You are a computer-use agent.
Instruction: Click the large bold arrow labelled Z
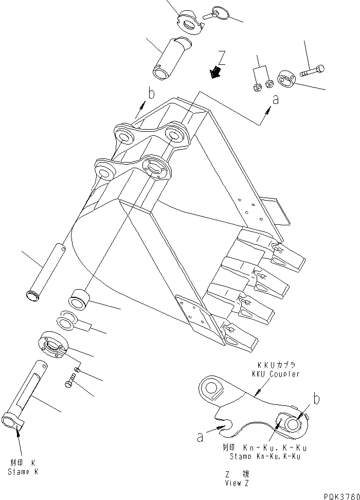pyautogui.click(x=216, y=73)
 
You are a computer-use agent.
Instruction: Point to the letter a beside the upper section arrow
pyautogui.click(x=275, y=100)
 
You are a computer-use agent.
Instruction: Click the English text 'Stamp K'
pyautogui.click(x=23, y=472)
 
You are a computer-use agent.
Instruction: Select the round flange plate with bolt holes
pyautogui.click(x=52, y=344)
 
